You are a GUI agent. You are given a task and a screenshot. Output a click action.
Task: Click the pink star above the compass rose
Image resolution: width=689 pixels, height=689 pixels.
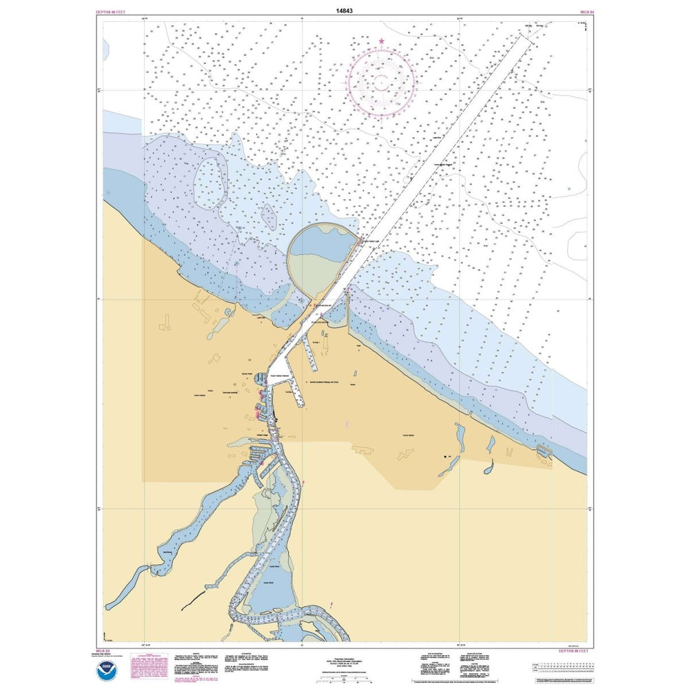pyautogui.click(x=381, y=42)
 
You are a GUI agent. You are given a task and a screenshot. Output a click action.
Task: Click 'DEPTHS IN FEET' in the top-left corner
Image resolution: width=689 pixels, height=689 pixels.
pyautogui.click(x=112, y=12)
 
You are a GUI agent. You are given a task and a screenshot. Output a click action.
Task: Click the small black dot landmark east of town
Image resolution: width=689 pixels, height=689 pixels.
pyautogui.click(x=444, y=457)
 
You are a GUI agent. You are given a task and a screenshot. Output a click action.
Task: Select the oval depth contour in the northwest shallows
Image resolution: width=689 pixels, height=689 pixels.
pyautogui.click(x=208, y=183)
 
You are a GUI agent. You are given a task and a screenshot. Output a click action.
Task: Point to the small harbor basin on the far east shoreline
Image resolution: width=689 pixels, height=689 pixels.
pyautogui.click(x=544, y=451)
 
